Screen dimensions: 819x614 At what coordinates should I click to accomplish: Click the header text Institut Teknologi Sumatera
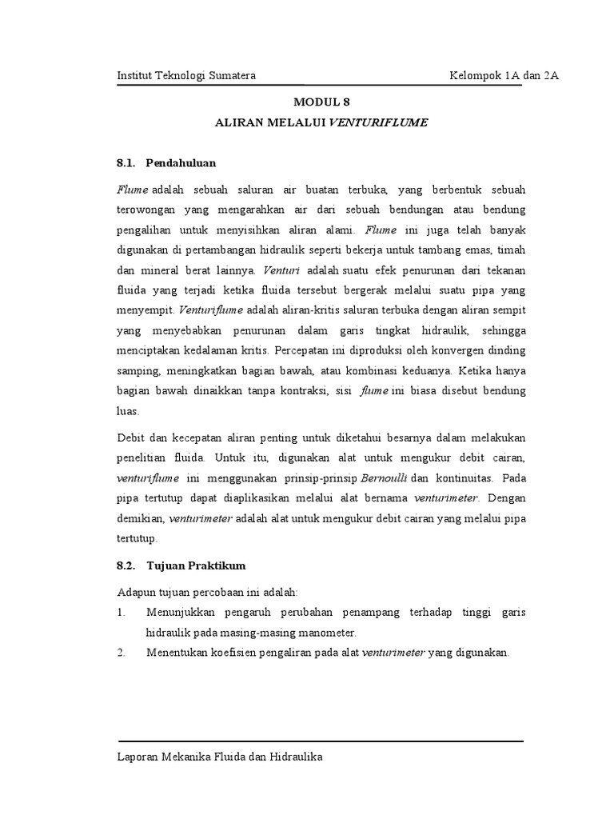186,76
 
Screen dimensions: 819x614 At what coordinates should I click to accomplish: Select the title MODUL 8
321,102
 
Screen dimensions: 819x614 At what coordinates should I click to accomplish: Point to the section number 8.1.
126,163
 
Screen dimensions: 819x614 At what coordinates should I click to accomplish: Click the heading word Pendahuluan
181,163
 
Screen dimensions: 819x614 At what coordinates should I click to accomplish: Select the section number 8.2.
126,565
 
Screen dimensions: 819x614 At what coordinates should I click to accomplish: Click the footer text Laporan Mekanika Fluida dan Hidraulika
220,756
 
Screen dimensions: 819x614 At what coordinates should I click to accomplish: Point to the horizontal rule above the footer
321,741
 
